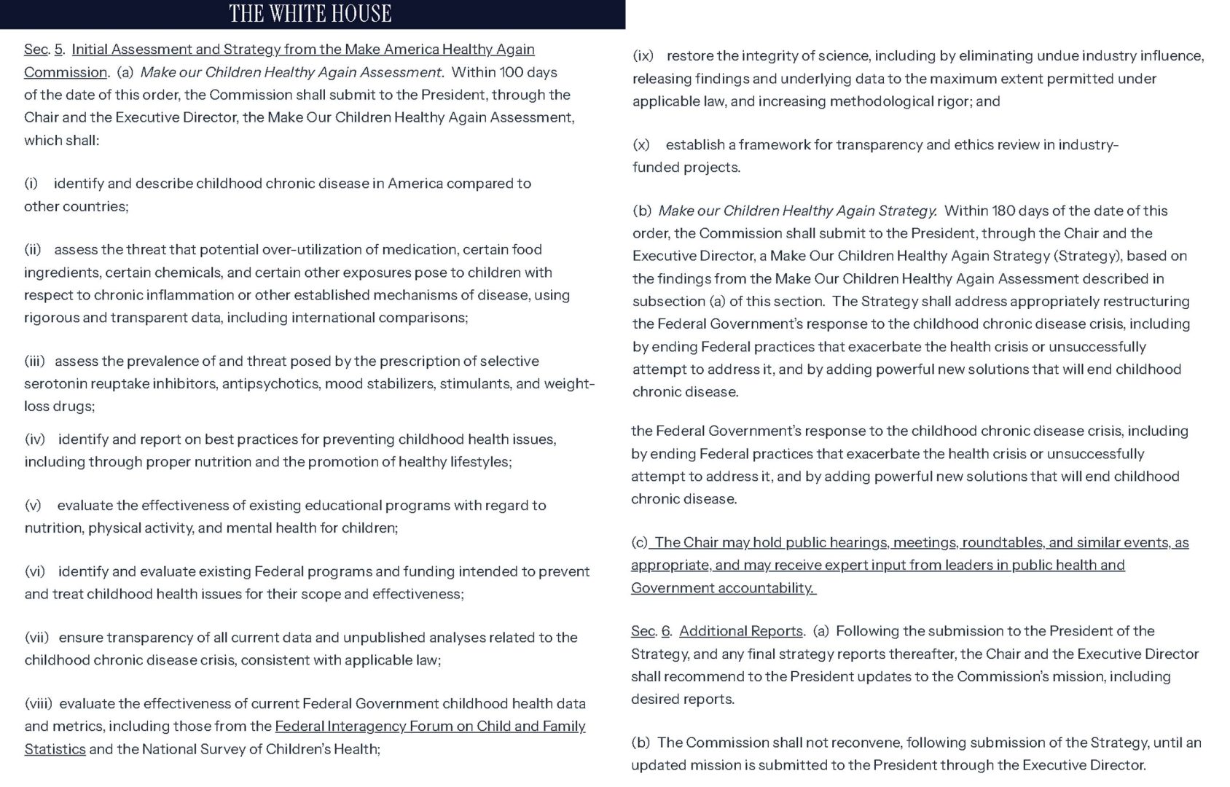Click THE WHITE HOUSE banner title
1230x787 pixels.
coord(310,14)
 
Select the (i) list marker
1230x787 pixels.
coord(31,184)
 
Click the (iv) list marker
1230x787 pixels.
coord(35,439)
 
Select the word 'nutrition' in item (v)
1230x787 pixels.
coord(53,528)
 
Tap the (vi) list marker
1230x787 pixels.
coord(35,572)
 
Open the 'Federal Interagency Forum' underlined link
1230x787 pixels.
coord(430,727)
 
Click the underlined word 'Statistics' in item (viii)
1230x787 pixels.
coord(55,749)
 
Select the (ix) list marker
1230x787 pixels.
coord(643,56)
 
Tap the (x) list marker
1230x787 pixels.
coord(641,145)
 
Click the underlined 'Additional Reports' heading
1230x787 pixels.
coord(741,632)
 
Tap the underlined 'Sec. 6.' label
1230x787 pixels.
coord(651,632)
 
